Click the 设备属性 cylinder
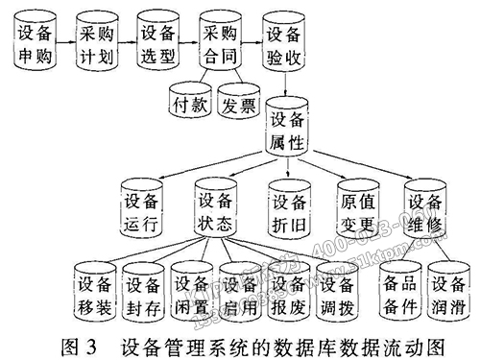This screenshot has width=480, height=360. click(288, 133)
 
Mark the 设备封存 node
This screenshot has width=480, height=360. click(143, 293)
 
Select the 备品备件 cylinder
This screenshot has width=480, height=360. click(400, 293)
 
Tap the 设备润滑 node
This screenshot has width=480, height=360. click(449, 293)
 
